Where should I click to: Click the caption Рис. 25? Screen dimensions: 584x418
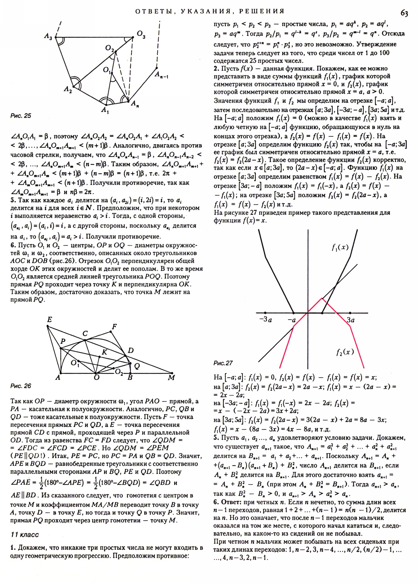21,116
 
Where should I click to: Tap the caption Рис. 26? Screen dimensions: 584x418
21,386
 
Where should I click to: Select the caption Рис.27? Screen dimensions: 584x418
223,363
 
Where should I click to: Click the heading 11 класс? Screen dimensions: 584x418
25,535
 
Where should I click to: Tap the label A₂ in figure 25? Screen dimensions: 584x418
68,90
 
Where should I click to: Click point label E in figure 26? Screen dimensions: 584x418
49,319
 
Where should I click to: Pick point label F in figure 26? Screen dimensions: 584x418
114,327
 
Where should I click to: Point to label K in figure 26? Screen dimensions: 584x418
104,352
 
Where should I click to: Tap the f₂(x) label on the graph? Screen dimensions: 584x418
345,352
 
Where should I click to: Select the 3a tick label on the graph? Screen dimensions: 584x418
351,320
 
